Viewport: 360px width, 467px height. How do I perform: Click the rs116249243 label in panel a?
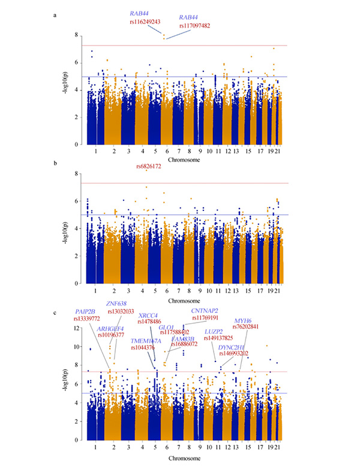(145, 22)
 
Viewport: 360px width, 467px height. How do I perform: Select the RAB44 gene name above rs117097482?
(191, 18)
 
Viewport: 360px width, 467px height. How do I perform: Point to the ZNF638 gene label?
(116, 303)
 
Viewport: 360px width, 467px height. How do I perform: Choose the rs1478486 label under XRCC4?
(149, 322)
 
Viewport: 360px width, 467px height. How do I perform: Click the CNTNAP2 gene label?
(205, 310)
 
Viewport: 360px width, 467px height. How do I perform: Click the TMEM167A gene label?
(146, 341)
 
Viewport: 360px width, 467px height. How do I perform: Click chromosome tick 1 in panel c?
(95, 447)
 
